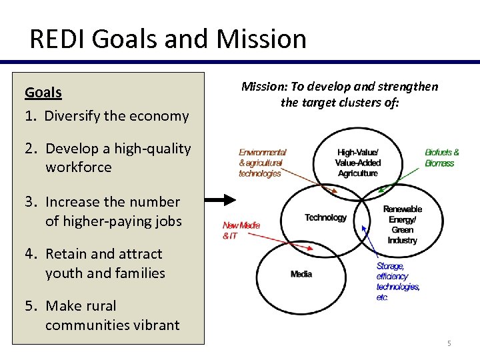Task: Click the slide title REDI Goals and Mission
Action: (x=167, y=39)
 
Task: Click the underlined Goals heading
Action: (x=43, y=92)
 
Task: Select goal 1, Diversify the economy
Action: (x=107, y=115)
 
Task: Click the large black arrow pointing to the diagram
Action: (x=219, y=199)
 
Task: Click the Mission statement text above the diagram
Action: (x=339, y=94)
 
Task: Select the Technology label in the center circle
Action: (x=325, y=217)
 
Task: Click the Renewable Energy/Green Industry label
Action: (x=402, y=224)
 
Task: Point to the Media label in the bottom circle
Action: (x=301, y=274)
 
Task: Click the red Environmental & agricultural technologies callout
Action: (x=263, y=163)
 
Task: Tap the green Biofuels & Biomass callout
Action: (x=442, y=157)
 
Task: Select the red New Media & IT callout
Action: (x=241, y=231)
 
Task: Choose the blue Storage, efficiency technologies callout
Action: (x=397, y=281)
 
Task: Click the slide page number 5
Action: (x=449, y=343)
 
